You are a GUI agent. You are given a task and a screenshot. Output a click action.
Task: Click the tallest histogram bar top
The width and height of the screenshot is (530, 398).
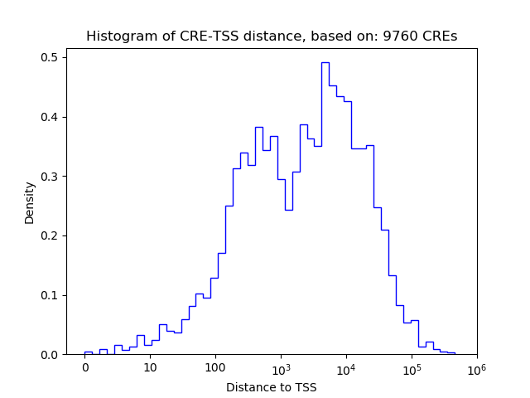(x=325, y=63)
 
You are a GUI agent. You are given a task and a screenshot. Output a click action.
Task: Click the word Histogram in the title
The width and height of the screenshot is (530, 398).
(x=114, y=36)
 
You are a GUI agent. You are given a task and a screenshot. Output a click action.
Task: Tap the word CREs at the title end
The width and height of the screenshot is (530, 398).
(x=439, y=36)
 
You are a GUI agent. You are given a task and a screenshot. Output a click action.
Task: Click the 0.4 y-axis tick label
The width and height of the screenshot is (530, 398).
(x=50, y=117)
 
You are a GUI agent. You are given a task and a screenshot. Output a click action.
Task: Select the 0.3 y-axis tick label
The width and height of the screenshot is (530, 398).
(x=50, y=177)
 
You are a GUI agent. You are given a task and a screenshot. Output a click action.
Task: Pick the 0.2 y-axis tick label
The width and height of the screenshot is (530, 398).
(x=50, y=235)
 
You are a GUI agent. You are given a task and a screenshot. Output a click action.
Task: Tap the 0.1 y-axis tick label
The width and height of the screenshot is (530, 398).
(x=50, y=295)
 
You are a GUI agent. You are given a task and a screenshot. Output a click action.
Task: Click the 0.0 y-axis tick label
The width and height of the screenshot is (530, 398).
(x=50, y=355)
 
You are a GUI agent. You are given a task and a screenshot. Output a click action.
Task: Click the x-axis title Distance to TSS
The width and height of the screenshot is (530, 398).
(x=272, y=386)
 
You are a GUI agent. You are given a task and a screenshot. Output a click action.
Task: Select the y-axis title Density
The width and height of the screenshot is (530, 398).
(x=30, y=202)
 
